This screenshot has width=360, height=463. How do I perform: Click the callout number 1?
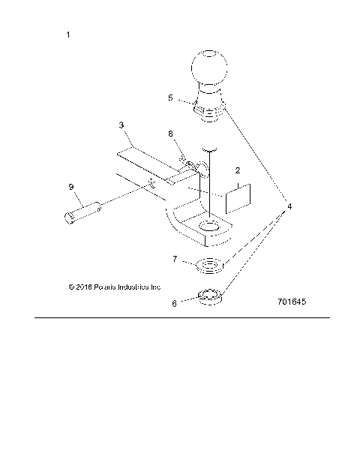tap(69, 35)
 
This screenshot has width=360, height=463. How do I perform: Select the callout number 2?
tap(237, 170)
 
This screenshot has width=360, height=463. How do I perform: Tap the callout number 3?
tap(121, 126)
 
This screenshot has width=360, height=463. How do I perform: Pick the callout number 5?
tap(170, 98)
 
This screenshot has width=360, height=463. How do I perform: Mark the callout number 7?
tap(175, 259)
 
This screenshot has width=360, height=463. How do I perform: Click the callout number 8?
tap(171, 134)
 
